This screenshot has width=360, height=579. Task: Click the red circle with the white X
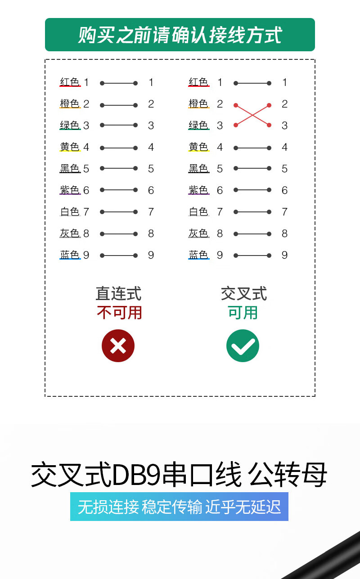(x=118, y=346)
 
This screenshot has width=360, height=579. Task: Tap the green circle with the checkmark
(x=243, y=346)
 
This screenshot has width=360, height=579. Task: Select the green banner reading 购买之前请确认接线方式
(x=180, y=35)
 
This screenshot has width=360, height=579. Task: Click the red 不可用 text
(x=119, y=313)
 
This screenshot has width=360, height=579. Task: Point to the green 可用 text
(x=243, y=313)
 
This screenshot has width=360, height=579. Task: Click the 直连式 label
(x=118, y=294)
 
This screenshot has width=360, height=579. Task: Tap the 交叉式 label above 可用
(x=243, y=294)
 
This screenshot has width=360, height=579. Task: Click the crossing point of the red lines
(x=252, y=115)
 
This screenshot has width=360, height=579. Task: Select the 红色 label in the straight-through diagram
(x=70, y=82)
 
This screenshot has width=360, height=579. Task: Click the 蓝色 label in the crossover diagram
(x=198, y=255)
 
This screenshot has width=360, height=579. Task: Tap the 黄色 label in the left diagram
(x=70, y=147)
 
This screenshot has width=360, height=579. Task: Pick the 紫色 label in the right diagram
(x=198, y=190)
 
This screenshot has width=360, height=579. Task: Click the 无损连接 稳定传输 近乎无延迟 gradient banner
(x=179, y=507)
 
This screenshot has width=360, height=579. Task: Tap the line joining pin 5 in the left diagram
(x=119, y=168)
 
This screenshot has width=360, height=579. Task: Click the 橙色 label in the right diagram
(x=198, y=103)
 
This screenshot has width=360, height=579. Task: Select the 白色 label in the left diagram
(x=70, y=212)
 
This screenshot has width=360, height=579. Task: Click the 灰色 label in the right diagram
(x=198, y=233)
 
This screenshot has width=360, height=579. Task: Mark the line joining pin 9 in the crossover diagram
(x=252, y=256)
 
